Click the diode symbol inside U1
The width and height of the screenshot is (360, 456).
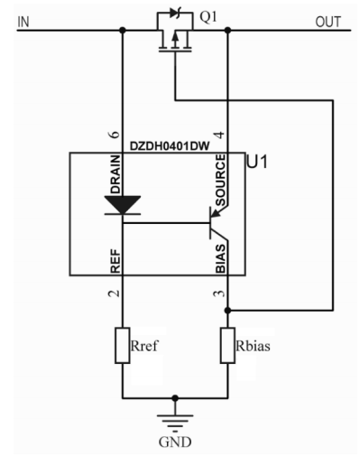point(121,206)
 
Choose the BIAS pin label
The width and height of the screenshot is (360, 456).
point(222,259)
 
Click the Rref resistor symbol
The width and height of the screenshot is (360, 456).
point(122,346)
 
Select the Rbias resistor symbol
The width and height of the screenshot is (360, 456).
point(228,346)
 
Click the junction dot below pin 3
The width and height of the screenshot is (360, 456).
point(228,309)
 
